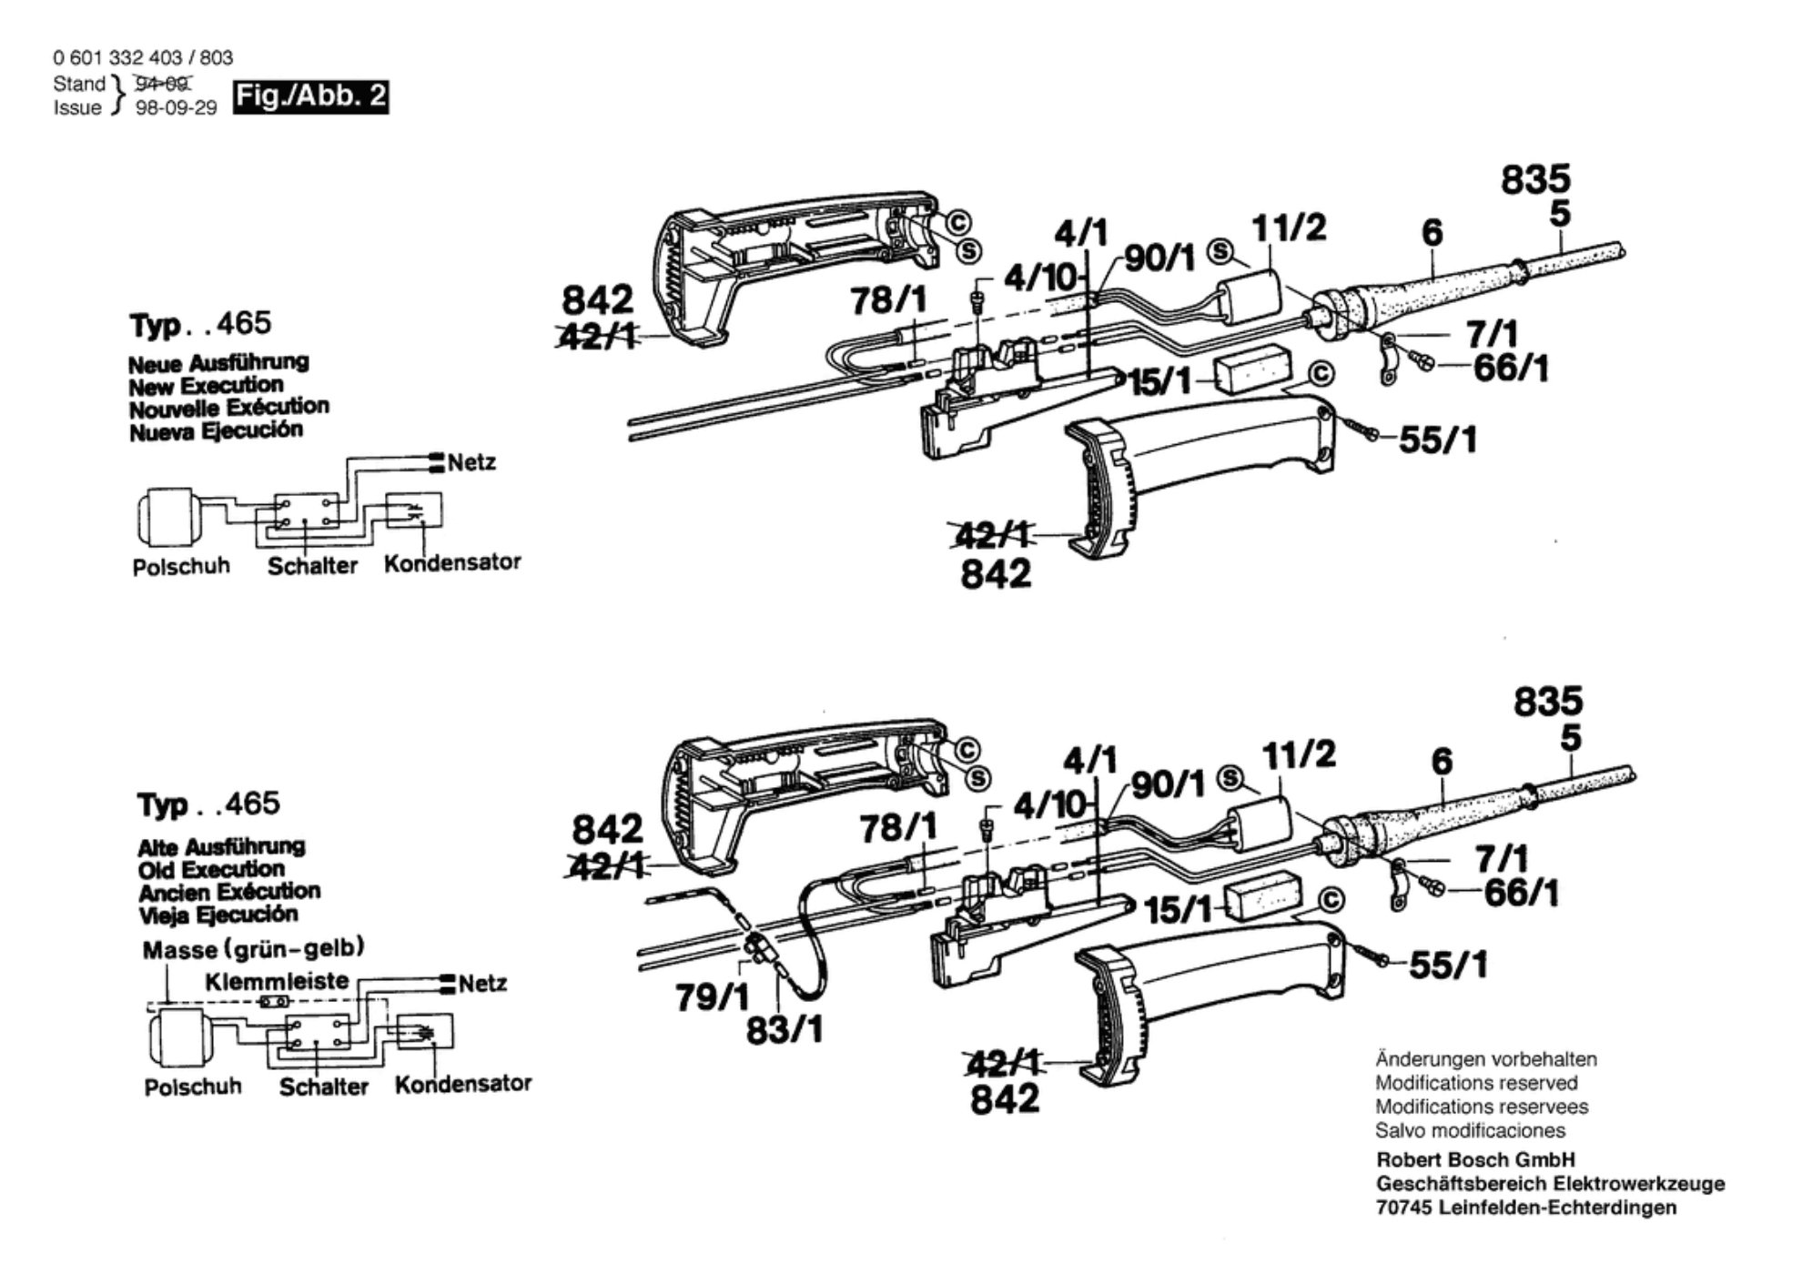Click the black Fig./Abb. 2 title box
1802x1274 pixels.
click(311, 96)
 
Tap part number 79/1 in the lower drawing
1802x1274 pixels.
click(712, 997)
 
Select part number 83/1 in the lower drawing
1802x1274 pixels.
click(785, 1030)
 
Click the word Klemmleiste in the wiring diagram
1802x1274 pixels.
click(277, 981)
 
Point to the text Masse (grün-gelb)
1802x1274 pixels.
click(254, 949)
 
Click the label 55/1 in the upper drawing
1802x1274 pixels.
click(1437, 440)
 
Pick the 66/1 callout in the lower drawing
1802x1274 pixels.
click(1521, 893)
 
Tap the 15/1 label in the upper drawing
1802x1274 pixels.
click(1159, 382)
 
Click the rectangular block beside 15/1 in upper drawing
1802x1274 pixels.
click(1253, 369)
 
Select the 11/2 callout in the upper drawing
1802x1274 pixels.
click(1290, 227)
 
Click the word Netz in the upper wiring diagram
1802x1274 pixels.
click(471, 462)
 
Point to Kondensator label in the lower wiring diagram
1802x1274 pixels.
click(463, 1083)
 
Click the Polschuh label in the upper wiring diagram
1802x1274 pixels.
click(181, 566)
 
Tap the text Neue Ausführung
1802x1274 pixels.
click(218, 362)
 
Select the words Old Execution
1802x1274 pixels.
click(211, 868)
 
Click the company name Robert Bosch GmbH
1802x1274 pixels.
click(1475, 1159)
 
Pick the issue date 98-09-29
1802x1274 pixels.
click(177, 107)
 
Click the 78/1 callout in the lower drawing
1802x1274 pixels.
click(898, 828)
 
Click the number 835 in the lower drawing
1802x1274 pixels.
click(1548, 702)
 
